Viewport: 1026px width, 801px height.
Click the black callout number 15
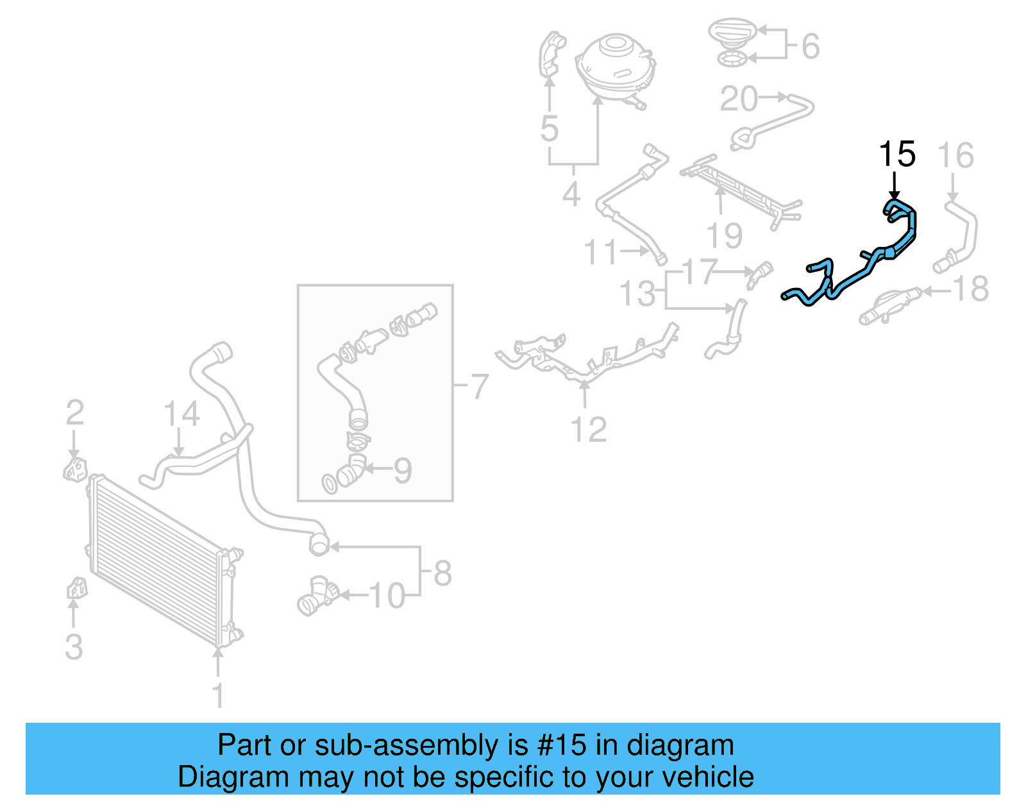[x=896, y=155]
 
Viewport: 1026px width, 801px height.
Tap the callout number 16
[x=955, y=156]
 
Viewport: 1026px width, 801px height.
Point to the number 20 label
[x=739, y=99]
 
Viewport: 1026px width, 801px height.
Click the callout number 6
[x=811, y=46]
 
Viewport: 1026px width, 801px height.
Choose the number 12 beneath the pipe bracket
[x=589, y=430]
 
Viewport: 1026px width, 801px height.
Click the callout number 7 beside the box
[x=480, y=386]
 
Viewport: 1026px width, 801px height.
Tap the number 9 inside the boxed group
[x=403, y=470]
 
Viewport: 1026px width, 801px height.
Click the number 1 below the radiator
[x=218, y=695]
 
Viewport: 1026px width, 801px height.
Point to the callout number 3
[x=74, y=646]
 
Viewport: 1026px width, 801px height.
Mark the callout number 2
[x=75, y=412]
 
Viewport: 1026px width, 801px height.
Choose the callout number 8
[x=442, y=573]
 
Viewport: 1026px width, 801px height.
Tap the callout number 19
[x=725, y=235]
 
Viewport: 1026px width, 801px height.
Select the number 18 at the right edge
[x=971, y=289]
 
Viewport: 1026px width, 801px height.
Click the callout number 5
[x=550, y=128]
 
